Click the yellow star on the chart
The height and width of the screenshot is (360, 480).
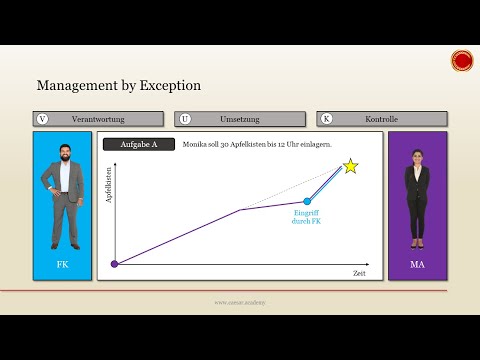coord(351,166)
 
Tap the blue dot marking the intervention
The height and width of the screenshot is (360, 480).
coord(307,202)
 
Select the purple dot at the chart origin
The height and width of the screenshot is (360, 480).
coord(114,264)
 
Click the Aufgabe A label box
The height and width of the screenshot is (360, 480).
coord(139,145)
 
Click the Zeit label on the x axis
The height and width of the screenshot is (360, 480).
coord(359,273)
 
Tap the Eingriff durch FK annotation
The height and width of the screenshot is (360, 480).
coord(306,217)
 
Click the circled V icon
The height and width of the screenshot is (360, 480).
coord(42,119)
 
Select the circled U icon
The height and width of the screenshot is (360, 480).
coord(185,119)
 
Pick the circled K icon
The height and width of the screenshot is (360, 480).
coord(327,119)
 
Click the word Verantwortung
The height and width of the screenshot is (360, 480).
coord(97,119)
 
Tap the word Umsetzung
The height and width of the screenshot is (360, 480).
coord(239,119)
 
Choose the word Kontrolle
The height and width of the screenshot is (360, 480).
coord(382,119)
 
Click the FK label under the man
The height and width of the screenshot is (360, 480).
coord(62,264)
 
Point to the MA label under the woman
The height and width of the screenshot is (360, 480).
coord(417,264)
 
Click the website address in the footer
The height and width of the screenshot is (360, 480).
coord(240,301)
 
